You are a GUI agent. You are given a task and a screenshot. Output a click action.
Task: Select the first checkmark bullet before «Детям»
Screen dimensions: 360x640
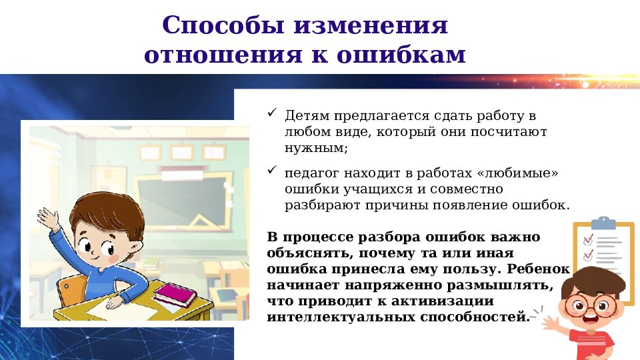pos(271,114)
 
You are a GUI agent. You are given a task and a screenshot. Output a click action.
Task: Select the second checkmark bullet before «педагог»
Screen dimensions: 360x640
pos(271,171)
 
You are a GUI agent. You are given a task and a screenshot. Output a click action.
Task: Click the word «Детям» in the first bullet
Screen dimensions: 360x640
pos(307,116)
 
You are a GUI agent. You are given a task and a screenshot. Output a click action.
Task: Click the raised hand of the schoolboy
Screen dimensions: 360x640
pos(48,217)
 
